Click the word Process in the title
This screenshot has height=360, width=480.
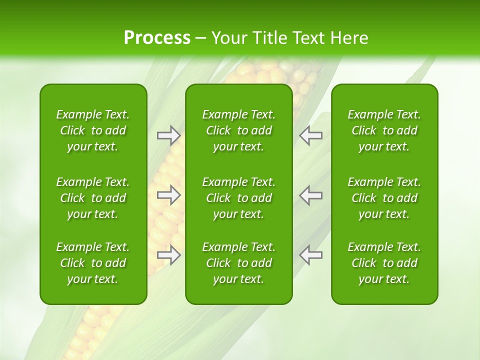[157, 38]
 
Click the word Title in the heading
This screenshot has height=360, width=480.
[270, 38]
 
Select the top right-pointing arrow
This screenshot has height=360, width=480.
[168, 135]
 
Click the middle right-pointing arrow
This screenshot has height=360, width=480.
[168, 195]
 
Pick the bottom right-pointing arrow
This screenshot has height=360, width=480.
[168, 255]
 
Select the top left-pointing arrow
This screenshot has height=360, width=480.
[311, 135]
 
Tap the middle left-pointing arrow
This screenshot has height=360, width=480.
[311, 195]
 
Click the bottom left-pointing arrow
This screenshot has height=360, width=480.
[311, 255]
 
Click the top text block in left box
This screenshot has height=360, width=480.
[93, 130]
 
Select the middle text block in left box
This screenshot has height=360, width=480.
[93, 198]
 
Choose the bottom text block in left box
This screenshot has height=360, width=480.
[93, 263]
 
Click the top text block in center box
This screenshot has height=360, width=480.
[239, 130]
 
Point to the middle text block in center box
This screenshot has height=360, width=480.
[239, 198]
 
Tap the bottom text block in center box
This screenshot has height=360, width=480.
[239, 263]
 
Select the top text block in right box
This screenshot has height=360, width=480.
[384, 130]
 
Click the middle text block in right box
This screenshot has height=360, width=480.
[384, 198]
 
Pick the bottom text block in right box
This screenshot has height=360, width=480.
[384, 263]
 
